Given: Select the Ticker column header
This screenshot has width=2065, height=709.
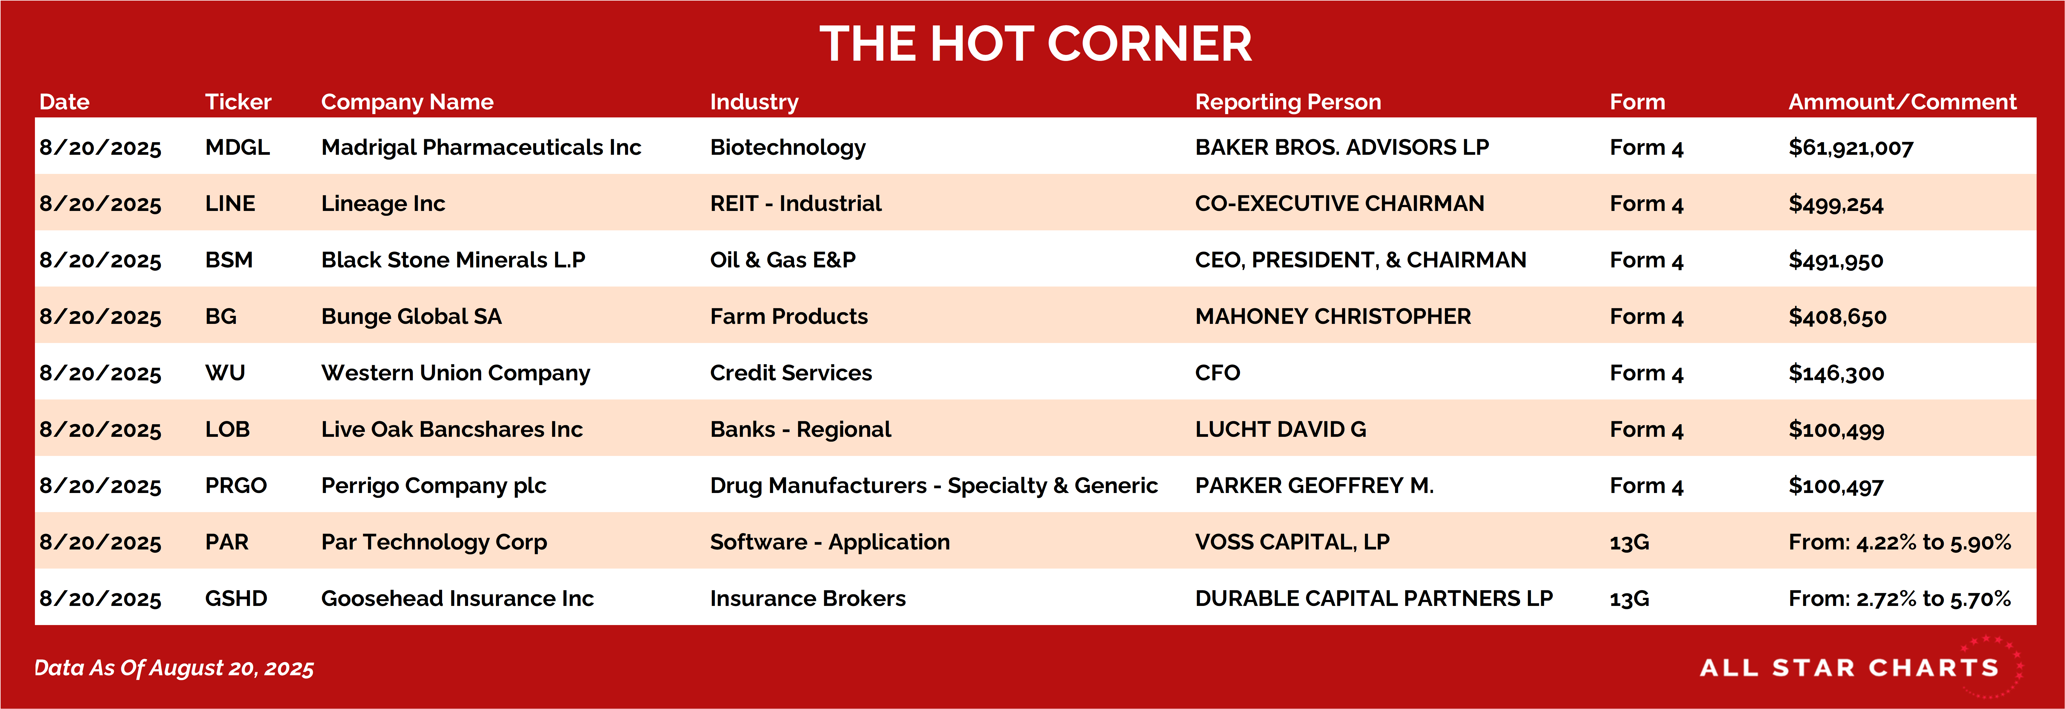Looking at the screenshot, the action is coord(238,102).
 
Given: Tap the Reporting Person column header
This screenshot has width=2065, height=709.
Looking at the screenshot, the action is coord(1288,102).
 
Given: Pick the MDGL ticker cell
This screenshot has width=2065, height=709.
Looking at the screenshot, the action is coord(237,148).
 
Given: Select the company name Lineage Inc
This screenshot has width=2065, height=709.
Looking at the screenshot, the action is coord(383,204).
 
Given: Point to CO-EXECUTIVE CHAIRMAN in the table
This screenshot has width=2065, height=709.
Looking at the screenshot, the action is coord(1340,204).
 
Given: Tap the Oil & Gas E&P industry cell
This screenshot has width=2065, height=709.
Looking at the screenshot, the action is coord(783,260).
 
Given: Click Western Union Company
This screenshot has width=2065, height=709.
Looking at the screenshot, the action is coord(455,373).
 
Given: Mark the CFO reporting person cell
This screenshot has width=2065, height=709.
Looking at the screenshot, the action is coord(1218,373).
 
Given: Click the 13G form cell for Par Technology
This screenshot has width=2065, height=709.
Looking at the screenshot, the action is coord(1630,542).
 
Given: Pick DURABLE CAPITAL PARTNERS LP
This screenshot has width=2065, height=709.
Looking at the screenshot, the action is coord(1374,598).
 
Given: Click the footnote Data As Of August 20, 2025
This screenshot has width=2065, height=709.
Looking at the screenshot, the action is coord(174,668).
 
